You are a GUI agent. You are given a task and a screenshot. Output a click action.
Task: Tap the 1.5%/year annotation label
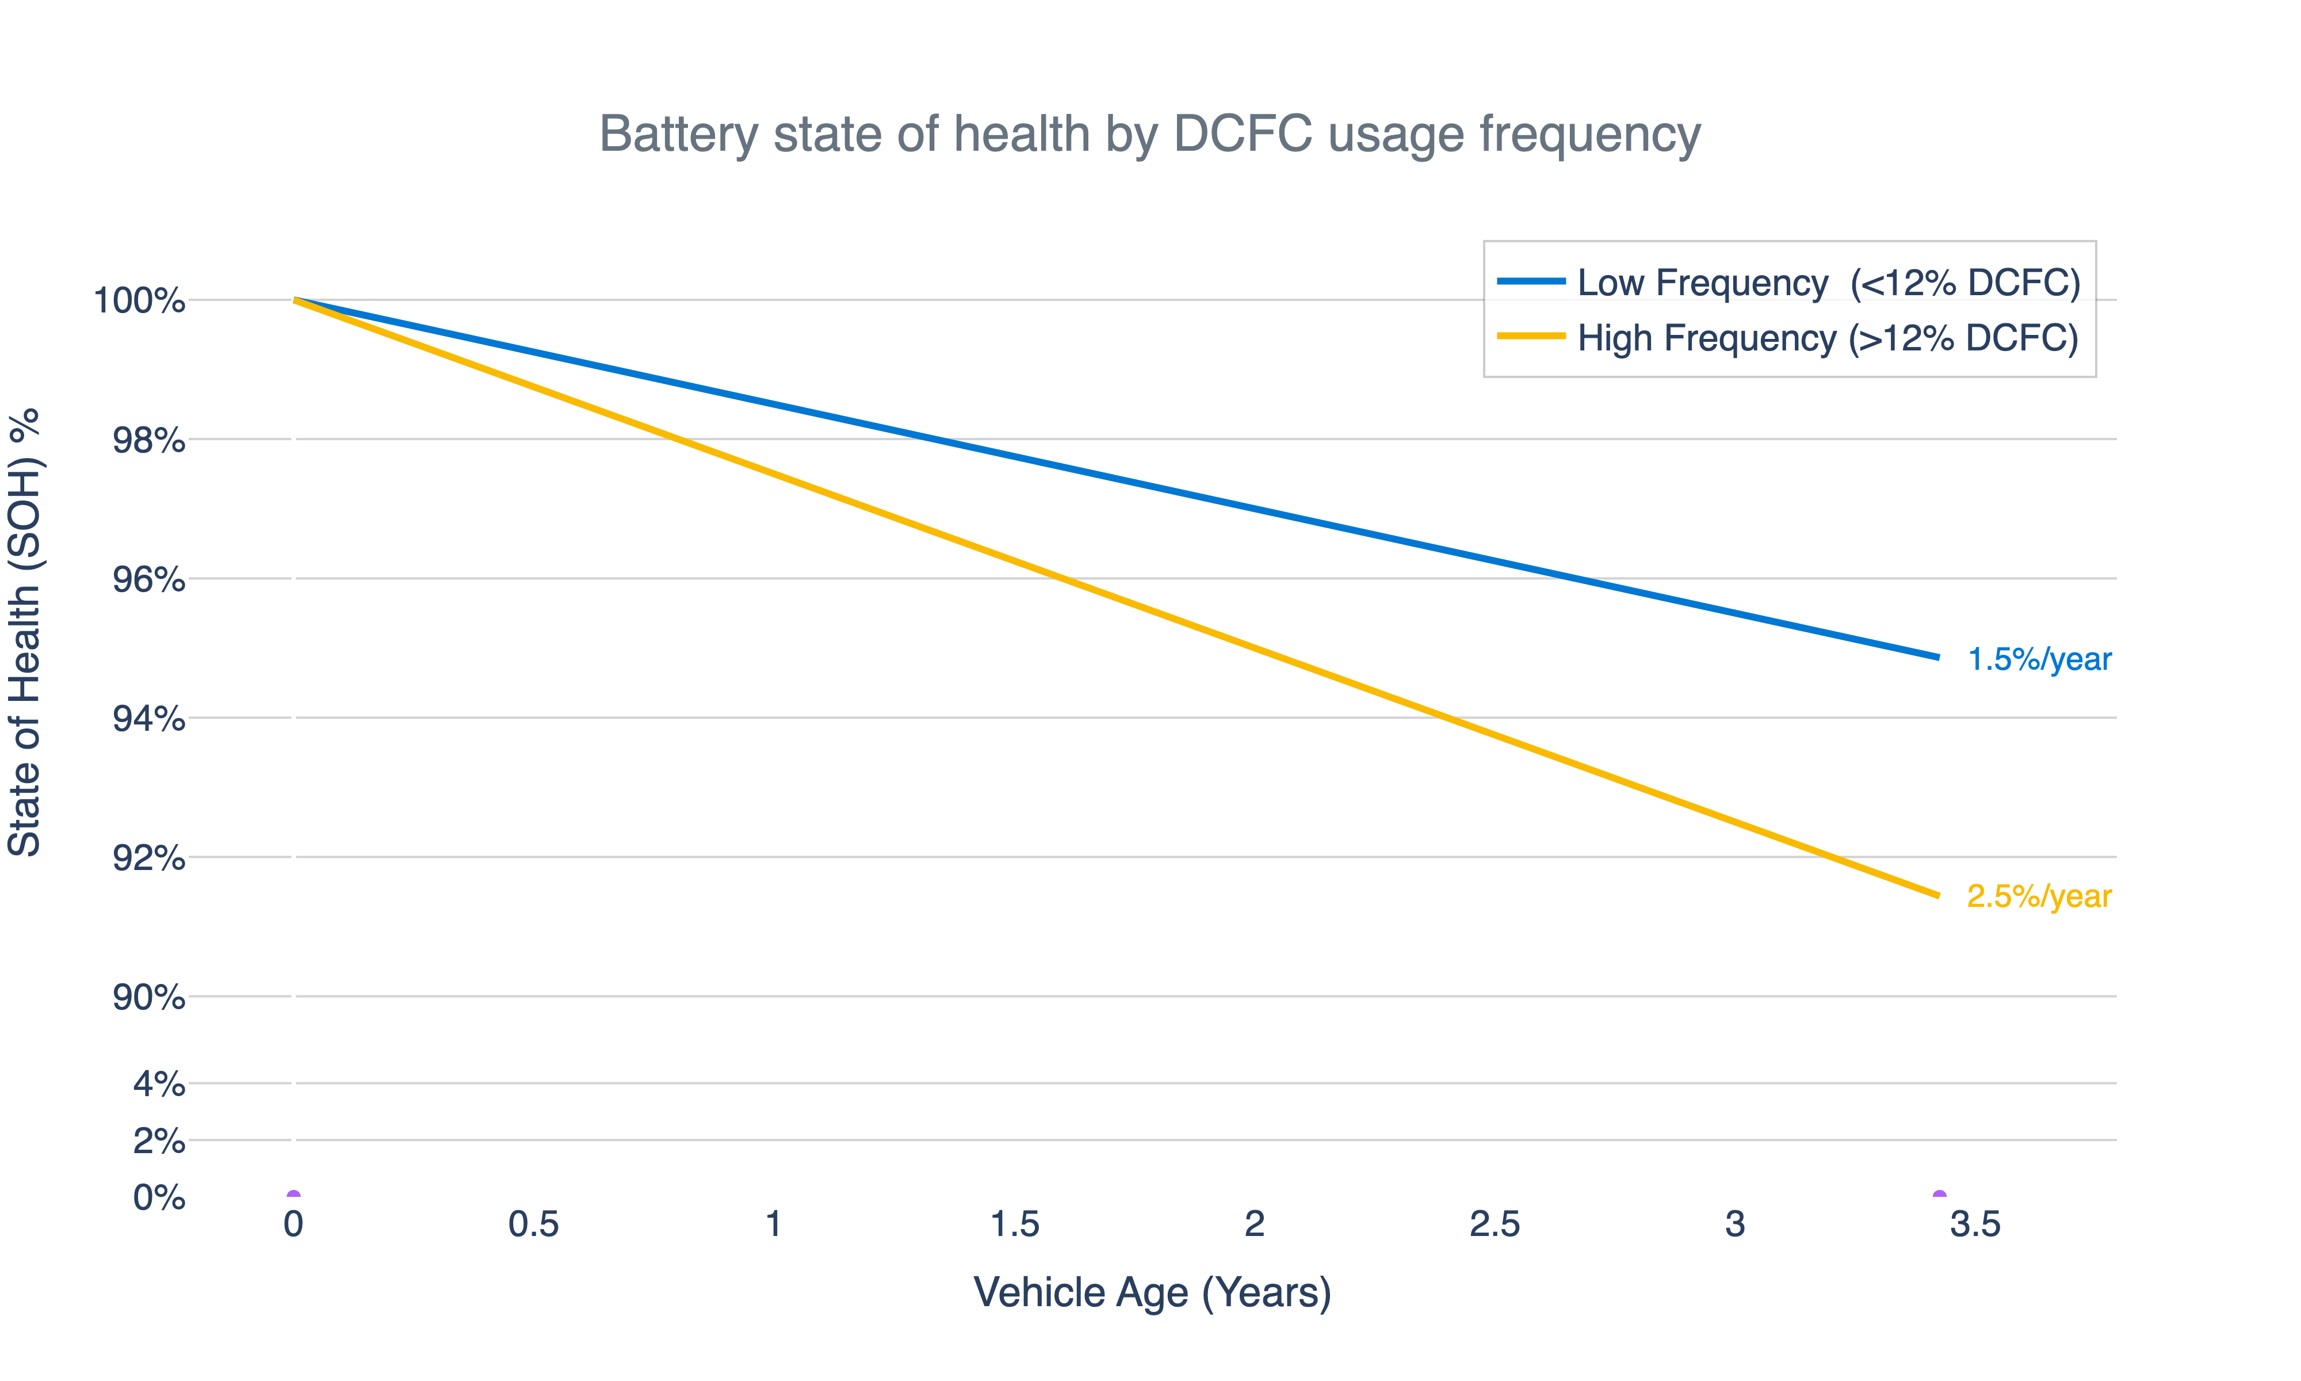coord(2039,659)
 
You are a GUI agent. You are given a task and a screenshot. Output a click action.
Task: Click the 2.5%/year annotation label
coord(2039,896)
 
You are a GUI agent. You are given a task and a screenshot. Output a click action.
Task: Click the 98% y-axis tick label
coord(149,440)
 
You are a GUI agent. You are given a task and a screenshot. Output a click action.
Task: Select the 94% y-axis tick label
coord(149,719)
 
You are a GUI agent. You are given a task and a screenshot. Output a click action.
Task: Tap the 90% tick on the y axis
coord(149,998)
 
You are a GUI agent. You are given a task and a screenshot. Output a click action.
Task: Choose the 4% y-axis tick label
coord(159,1084)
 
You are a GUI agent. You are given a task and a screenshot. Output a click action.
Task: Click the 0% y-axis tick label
coord(159,1197)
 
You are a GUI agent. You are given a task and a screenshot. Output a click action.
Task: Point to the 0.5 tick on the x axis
coord(533,1224)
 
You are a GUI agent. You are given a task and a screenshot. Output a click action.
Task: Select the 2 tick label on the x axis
coord(1253,1224)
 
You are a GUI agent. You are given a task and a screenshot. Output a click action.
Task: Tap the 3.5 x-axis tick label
coord(1974,1224)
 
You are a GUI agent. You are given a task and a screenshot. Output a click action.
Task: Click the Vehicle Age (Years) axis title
coord(1152,1292)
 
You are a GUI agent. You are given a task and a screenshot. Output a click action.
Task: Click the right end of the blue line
coord(1937,657)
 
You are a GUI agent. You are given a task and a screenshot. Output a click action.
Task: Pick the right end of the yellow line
coord(1937,895)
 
